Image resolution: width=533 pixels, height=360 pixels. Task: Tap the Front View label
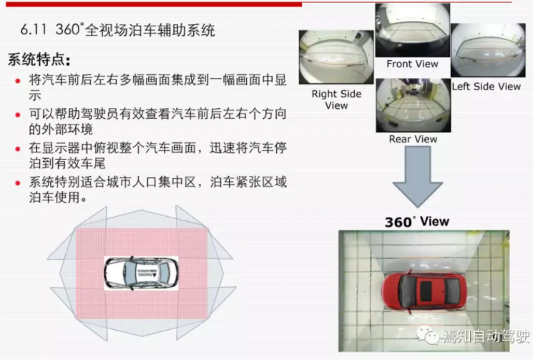coord(412,64)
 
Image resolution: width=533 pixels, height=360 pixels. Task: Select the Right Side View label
coord(336,99)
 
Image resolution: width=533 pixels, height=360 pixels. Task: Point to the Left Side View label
coord(486,86)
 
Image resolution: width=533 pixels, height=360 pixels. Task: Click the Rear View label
coord(413,139)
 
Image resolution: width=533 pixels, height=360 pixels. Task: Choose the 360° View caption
coord(416,221)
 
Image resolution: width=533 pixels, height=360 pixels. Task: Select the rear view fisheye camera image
coord(412,104)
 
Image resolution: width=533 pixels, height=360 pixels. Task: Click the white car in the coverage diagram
coord(140,273)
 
